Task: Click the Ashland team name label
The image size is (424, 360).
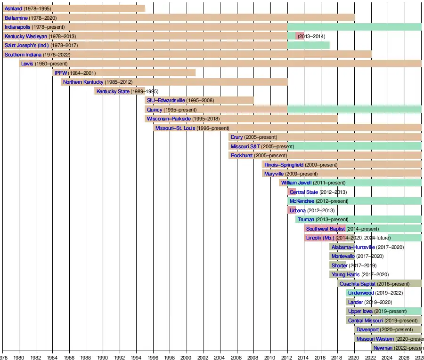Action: [13, 9]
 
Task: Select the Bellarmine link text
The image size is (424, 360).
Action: [16, 18]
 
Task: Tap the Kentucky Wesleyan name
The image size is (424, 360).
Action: [26, 36]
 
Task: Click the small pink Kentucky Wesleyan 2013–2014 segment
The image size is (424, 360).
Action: [300, 36]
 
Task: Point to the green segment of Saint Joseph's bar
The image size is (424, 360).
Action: [309, 45]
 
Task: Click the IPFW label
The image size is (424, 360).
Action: [61, 73]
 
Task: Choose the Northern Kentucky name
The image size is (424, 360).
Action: [83, 82]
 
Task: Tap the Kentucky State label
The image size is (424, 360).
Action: [113, 91]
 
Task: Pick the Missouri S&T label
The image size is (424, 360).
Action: [245, 146]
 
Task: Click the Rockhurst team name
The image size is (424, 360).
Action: [242, 155]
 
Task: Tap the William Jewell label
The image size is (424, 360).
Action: [296, 183]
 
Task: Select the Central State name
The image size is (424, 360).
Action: [304, 192]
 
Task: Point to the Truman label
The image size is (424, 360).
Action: [306, 219]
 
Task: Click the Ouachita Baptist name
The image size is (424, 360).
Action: [358, 284]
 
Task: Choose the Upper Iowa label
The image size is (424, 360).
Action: [360, 311]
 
